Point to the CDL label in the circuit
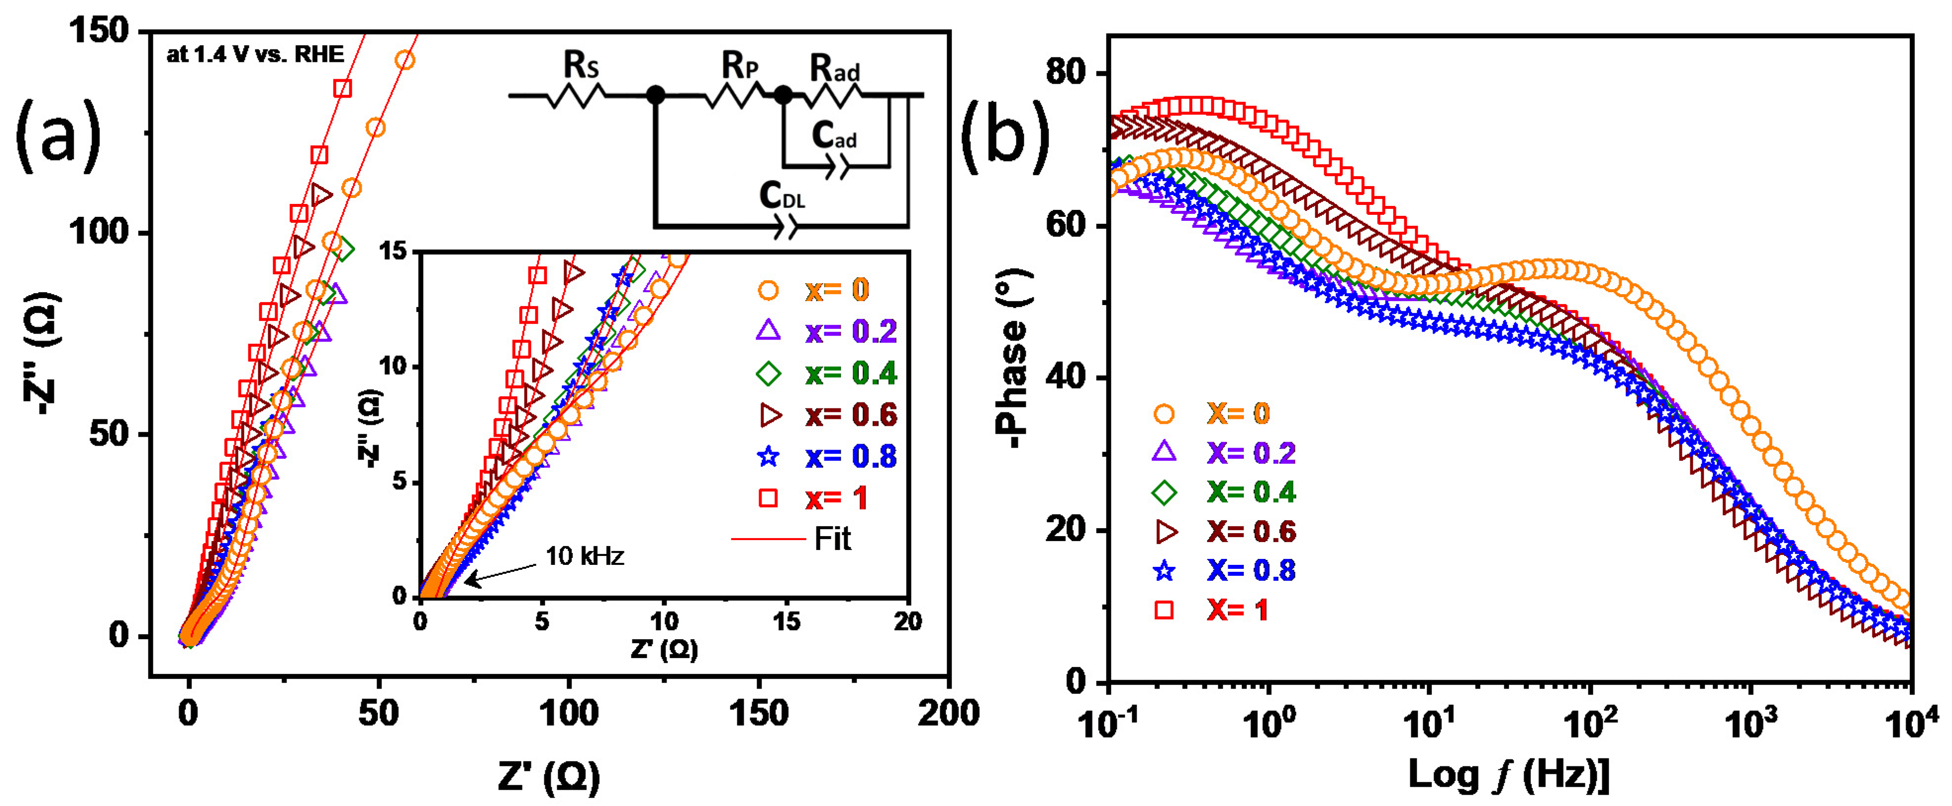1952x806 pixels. tap(782, 196)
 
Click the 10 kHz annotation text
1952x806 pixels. tap(584, 556)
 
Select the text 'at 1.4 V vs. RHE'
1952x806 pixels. tap(255, 54)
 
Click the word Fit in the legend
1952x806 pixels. tap(832, 539)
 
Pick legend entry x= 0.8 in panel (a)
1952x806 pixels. tap(850, 456)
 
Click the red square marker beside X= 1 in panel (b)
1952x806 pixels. tap(1164, 609)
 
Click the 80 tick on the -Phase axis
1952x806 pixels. tap(1066, 73)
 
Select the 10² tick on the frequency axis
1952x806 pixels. tap(1590, 724)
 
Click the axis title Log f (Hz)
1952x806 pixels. tap(1508, 775)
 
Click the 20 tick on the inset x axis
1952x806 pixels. tap(907, 622)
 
